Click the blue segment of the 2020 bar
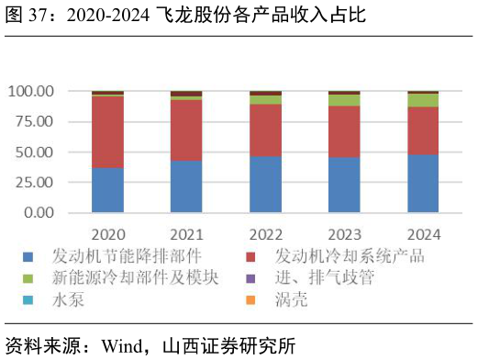pyautogui.click(x=107, y=190)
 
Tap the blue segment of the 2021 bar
pyautogui.click(x=186, y=186)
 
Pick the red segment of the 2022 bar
pyautogui.click(x=265, y=130)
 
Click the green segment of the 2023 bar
pyautogui.click(x=344, y=100)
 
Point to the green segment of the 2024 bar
pyautogui.click(x=423, y=100)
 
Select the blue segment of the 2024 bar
pyautogui.click(x=423, y=184)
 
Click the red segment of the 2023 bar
pyautogui.click(x=344, y=132)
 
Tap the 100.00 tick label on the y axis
pyautogui.click(x=30, y=92)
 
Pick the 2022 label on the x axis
pyautogui.click(x=265, y=233)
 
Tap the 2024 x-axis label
pyautogui.click(x=423, y=233)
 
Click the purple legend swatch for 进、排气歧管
pyautogui.click(x=252, y=278)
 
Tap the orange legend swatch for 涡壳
pyautogui.click(x=252, y=300)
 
